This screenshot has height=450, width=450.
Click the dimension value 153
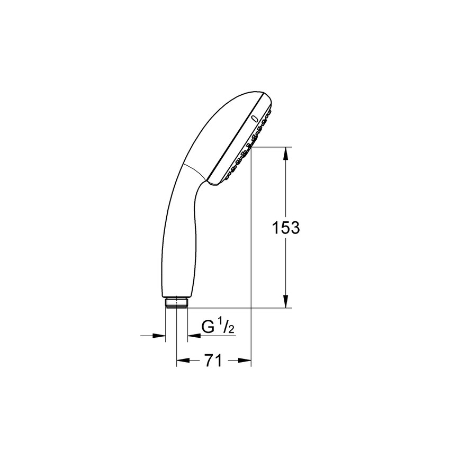click(x=286, y=228)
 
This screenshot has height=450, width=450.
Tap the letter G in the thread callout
click(x=209, y=328)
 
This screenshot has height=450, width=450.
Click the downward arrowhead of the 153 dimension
click(x=286, y=302)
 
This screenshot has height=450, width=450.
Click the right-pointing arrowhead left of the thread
click(x=159, y=335)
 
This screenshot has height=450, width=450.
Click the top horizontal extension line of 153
click(x=270, y=147)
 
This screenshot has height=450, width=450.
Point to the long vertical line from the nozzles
click(x=250, y=254)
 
